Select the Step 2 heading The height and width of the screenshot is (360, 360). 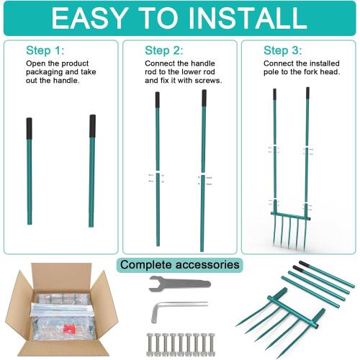(164, 50)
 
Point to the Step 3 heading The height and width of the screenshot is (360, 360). (284, 50)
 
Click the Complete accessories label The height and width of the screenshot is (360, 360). (179, 265)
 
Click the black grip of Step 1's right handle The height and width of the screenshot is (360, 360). (93, 125)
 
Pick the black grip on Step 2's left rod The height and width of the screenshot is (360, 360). (158, 99)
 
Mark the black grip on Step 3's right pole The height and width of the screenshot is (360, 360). (307, 94)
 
